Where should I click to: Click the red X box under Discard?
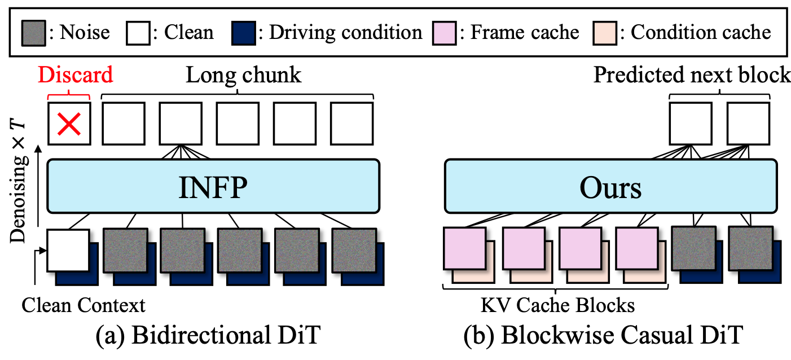coord(68,124)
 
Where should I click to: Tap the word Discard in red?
coord(76,74)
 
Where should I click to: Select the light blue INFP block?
coord(213,186)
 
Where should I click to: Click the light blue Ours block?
coord(612,186)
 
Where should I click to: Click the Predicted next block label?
coord(692,74)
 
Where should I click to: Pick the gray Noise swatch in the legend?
coord(34,32)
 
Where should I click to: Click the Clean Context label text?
coord(84,305)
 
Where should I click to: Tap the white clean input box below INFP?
coord(68,250)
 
